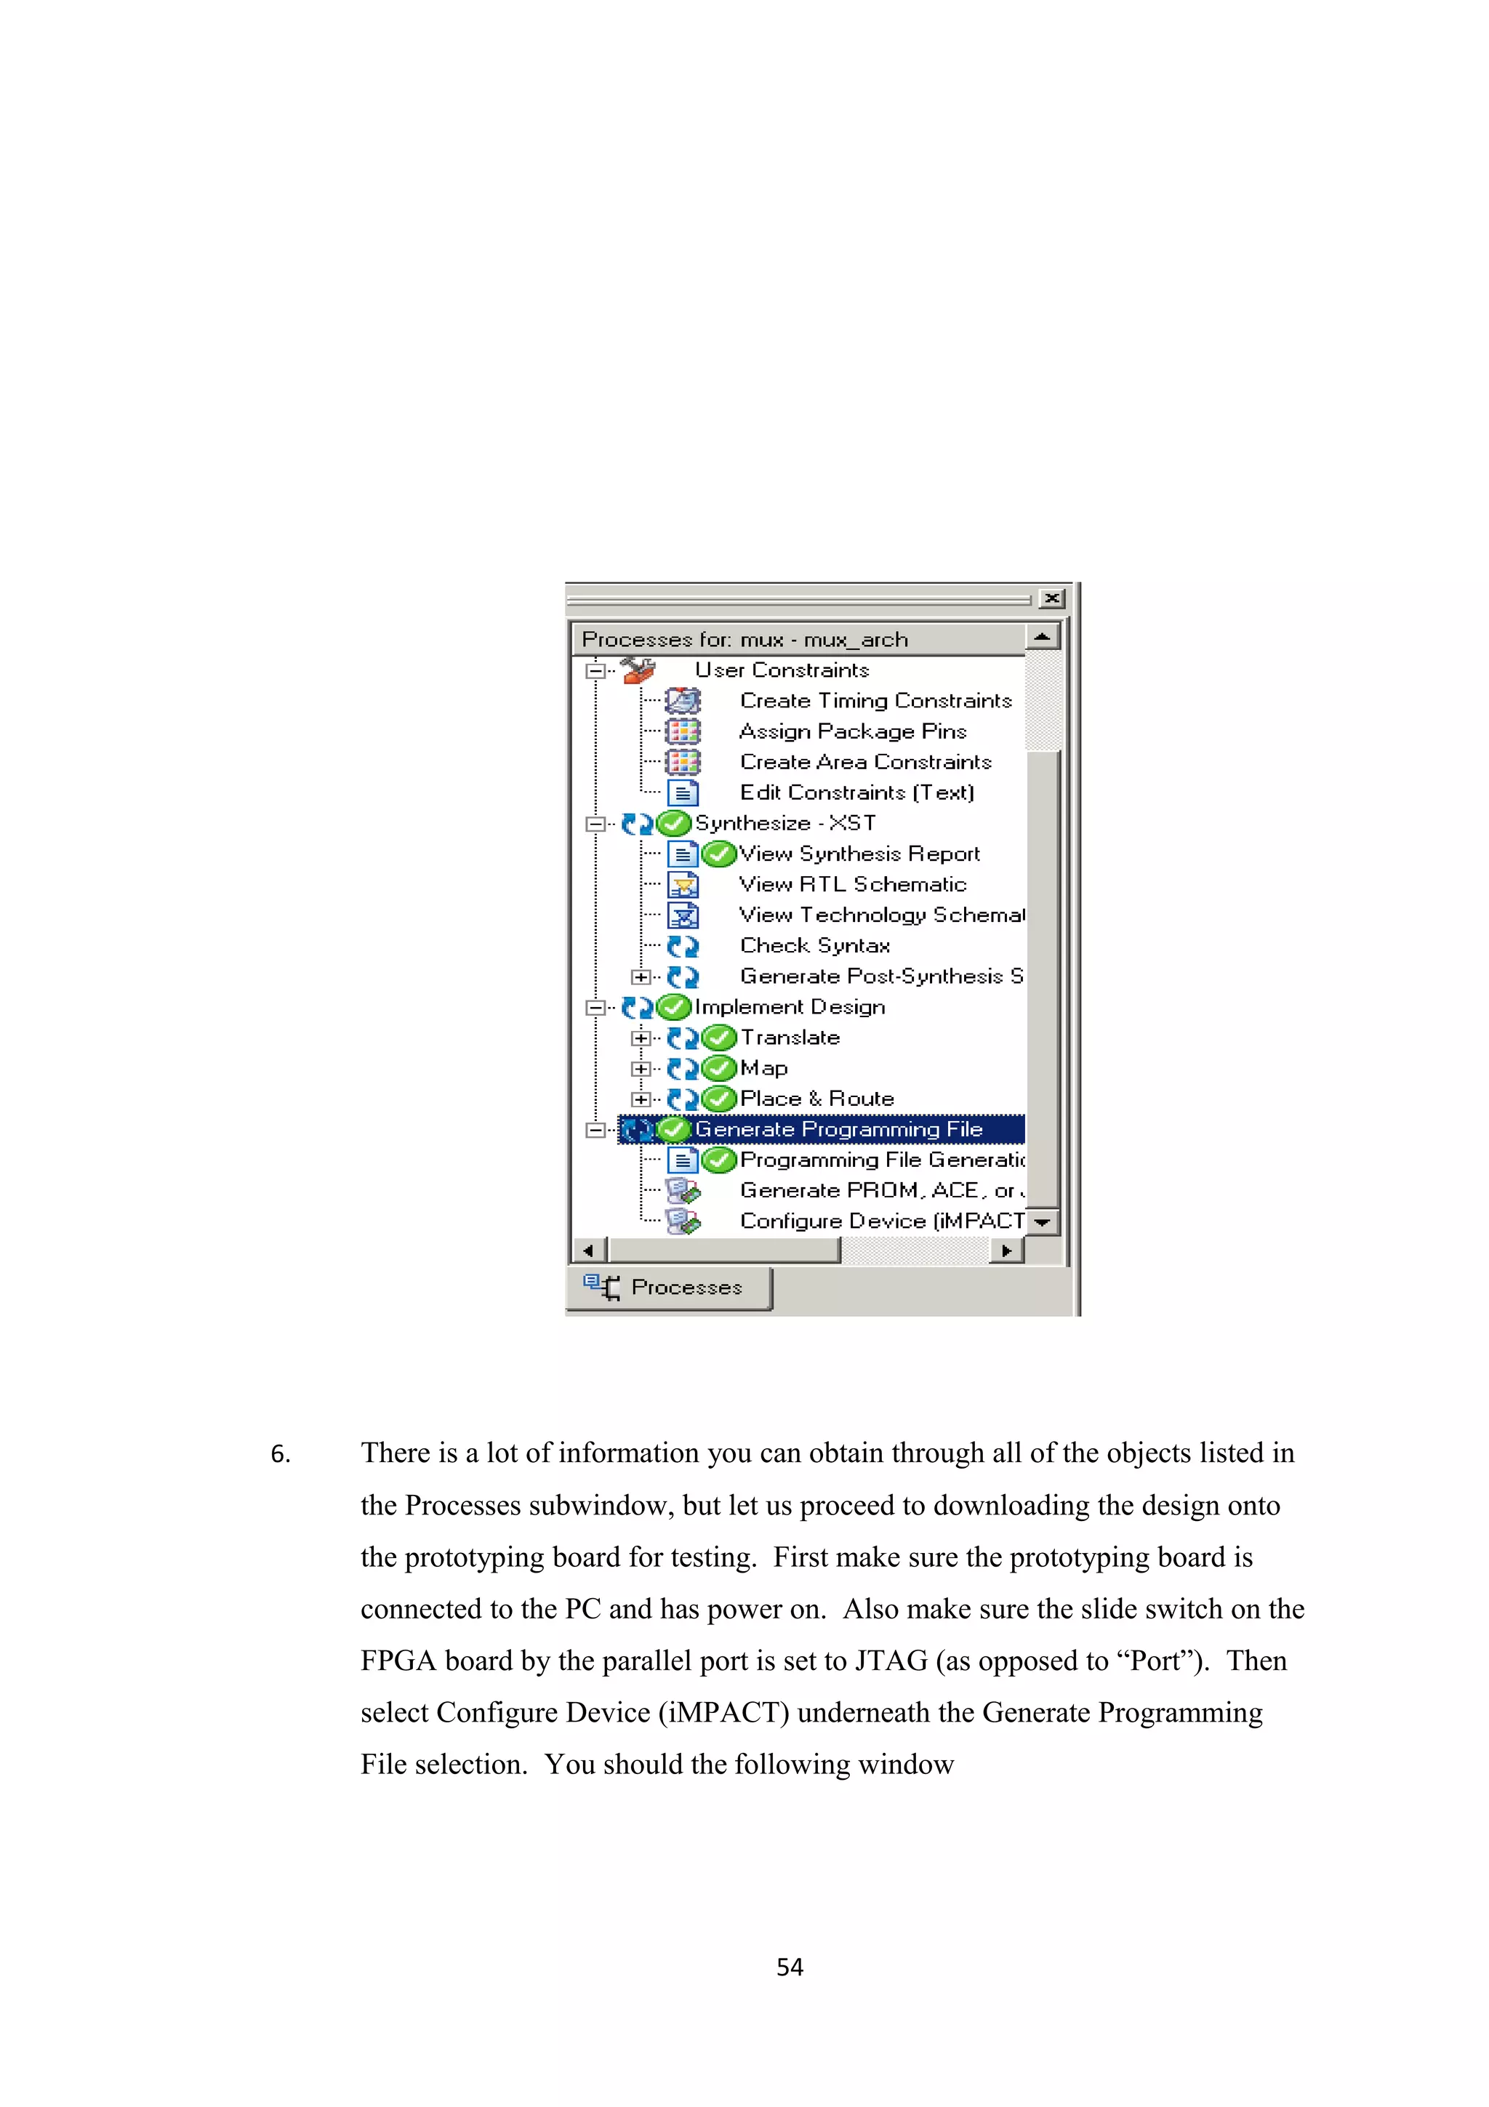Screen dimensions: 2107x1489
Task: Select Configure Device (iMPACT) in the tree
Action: point(880,1221)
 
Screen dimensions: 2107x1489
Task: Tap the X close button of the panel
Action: point(1052,598)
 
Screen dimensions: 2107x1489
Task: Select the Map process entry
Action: point(763,1068)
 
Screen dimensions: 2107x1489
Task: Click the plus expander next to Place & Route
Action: point(641,1099)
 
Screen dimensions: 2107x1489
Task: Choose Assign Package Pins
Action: point(852,731)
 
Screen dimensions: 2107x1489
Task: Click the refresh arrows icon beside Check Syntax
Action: point(683,945)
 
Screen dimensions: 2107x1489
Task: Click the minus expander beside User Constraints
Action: point(595,671)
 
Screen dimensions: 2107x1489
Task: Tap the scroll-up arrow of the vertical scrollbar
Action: point(1042,637)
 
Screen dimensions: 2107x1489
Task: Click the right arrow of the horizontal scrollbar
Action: point(1006,1250)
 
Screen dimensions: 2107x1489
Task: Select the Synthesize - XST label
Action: point(784,823)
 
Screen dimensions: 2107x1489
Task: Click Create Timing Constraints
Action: point(875,701)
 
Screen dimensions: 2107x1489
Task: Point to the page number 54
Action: point(789,1967)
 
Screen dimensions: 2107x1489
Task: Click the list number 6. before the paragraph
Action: point(280,1455)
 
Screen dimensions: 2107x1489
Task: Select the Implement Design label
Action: point(789,1007)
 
